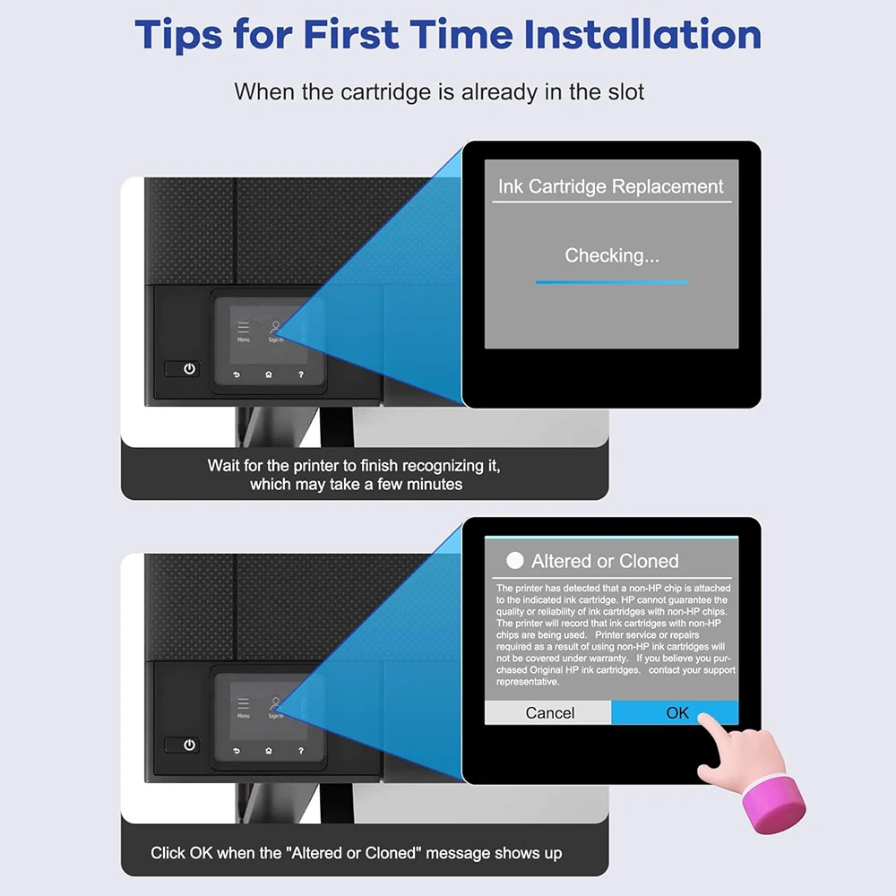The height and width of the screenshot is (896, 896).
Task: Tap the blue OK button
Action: [x=675, y=712]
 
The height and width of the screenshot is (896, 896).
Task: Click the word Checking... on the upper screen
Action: [x=612, y=255]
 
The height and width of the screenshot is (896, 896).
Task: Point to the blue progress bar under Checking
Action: [x=612, y=282]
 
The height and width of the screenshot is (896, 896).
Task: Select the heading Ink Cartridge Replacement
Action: [x=611, y=186]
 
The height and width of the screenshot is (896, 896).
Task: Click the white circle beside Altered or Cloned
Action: [x=515, y=561]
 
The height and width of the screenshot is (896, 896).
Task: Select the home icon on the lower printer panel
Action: [x=269, y=751]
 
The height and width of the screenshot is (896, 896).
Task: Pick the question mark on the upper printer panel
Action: [x=301, y=375]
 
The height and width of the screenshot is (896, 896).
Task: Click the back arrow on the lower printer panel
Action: [x=237, y=751]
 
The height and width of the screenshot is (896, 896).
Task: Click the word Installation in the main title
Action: [x=642, y=35]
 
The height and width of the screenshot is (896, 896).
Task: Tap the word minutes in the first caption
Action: [x=435, y=485]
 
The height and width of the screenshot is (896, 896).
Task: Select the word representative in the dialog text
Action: [x=528, y=682]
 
